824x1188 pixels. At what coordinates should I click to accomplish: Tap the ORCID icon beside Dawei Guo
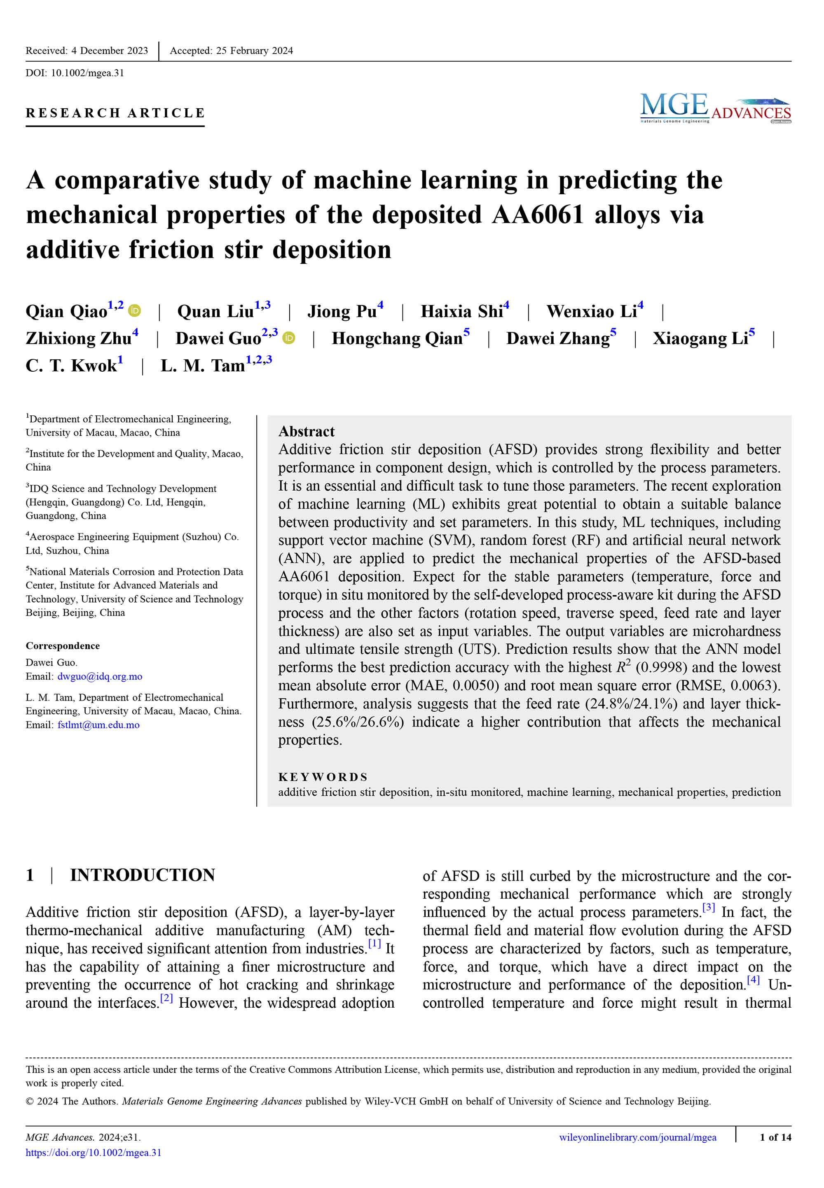pos(289,338)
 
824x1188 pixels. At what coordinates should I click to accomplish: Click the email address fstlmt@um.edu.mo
pos(98,725)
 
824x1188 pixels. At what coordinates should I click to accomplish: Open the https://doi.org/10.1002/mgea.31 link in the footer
pos(94,1153)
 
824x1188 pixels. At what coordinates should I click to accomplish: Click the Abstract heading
pos(306,431)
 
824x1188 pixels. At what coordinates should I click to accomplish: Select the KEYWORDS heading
pos(323,777)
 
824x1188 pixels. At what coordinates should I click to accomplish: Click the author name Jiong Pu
pos(342,312)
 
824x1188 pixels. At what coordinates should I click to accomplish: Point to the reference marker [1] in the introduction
pos(375,944)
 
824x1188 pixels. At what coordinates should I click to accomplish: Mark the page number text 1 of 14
pos(775,1137)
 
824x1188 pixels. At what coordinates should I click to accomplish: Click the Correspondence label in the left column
pos(63,646)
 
